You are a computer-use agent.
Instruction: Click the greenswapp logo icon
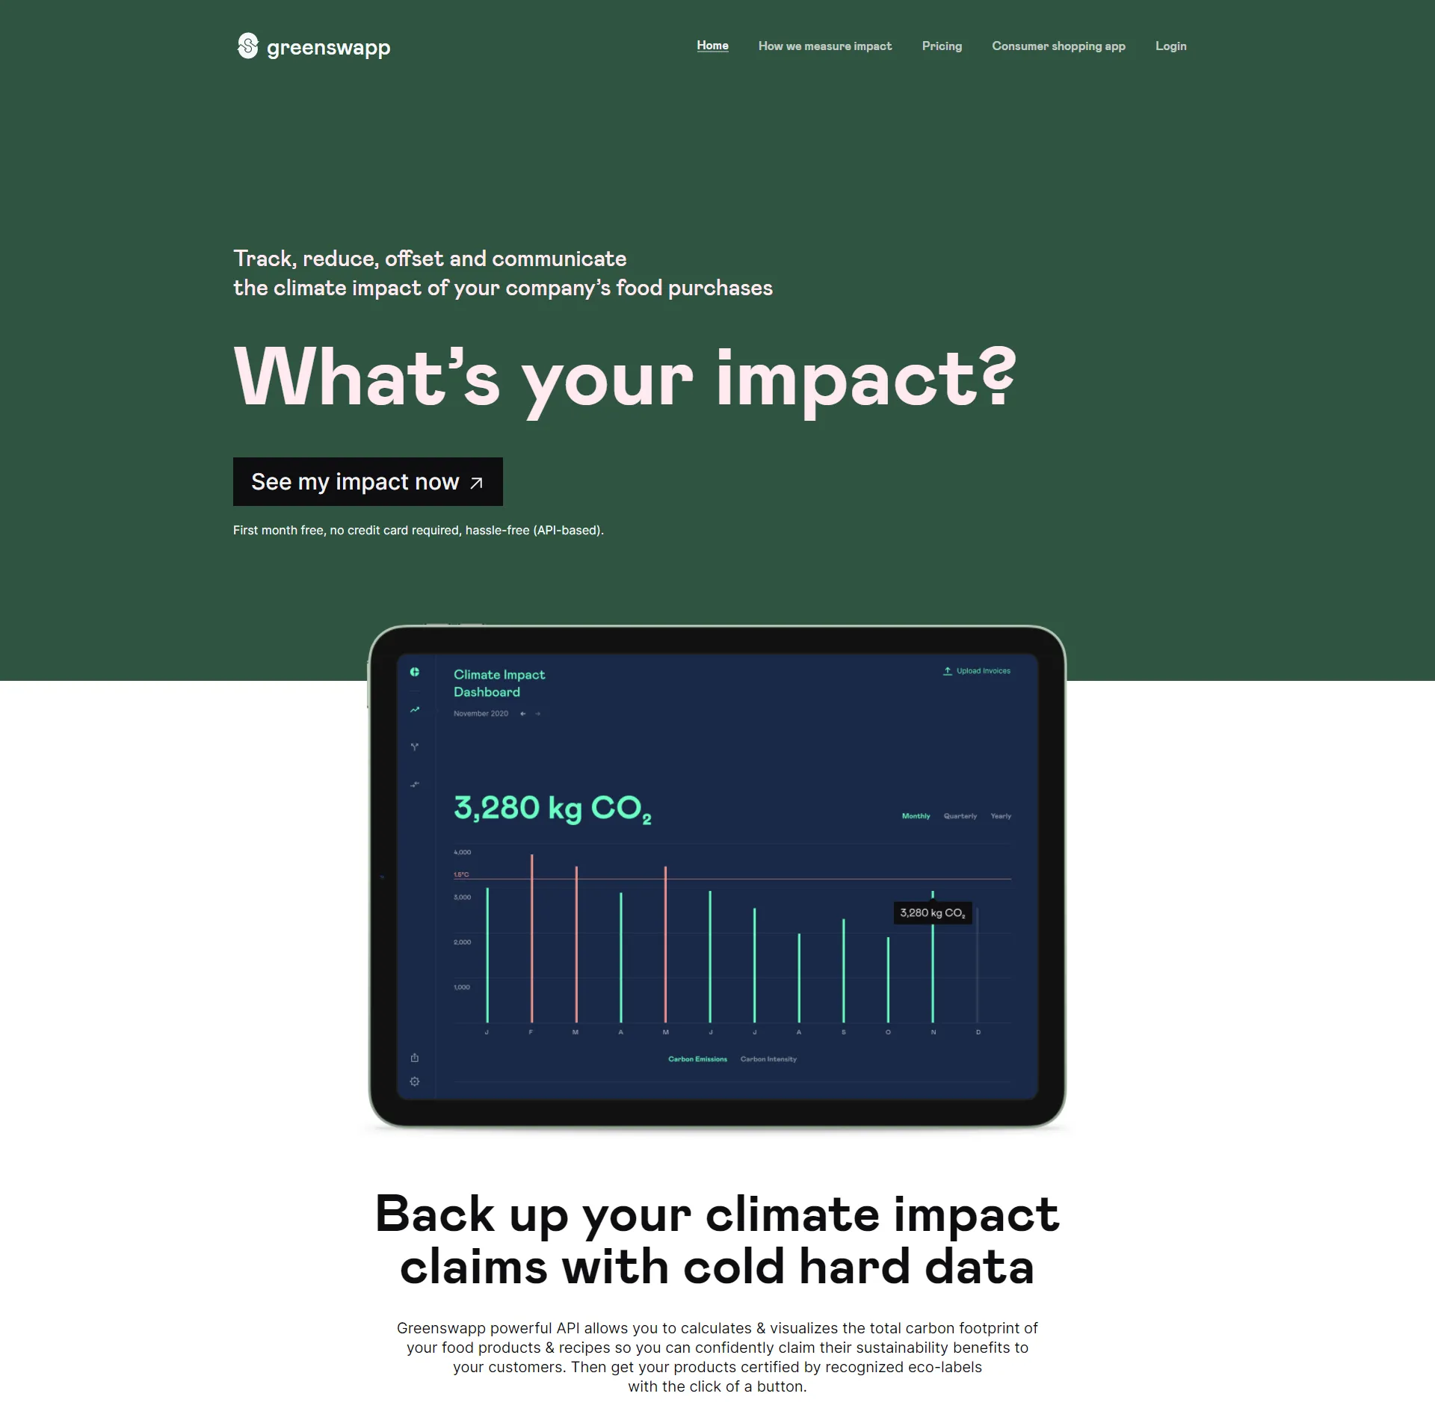point(247,46)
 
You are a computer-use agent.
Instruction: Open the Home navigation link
point(712,46)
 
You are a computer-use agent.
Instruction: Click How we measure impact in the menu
point(824,46)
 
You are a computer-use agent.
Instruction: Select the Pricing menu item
point(942,46)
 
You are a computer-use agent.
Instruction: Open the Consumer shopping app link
point(1058,46)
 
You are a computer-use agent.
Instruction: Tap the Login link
point(1170,46)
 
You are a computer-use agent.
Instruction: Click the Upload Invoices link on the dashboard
point(977,671)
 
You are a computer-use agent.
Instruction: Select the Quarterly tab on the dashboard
point(960,816)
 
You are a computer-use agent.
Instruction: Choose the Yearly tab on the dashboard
point(1001,816)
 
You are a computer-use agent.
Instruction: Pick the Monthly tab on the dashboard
point(916,816)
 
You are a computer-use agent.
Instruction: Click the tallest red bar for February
point(532,938)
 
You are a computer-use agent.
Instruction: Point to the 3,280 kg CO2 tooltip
point(933,913)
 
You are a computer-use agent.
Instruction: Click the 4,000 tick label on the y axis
point(463,852)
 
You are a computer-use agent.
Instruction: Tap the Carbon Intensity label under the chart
point(768,1059)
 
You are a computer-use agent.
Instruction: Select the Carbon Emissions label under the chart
point(697,1059)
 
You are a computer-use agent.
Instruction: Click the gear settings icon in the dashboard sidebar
point(415,1081)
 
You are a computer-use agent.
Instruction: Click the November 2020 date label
point(481,714)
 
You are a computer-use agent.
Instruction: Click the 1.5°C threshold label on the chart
point(462,874)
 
